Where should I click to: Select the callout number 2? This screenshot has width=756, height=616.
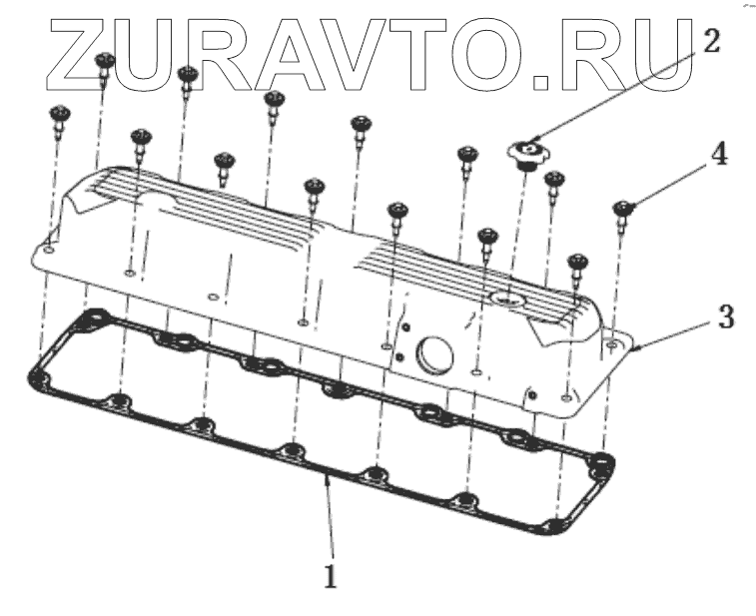710,41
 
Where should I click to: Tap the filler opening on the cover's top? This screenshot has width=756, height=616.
509,298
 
